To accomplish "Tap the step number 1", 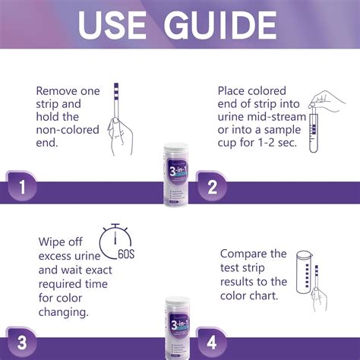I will point(23,185).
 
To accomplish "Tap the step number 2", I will point(212,185).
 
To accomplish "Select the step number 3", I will point(22,342).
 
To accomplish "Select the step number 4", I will point(212,342).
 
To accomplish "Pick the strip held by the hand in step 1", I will point(116,103).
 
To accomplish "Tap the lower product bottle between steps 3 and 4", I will point(179,327).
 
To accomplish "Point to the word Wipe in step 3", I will point(53,242).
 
